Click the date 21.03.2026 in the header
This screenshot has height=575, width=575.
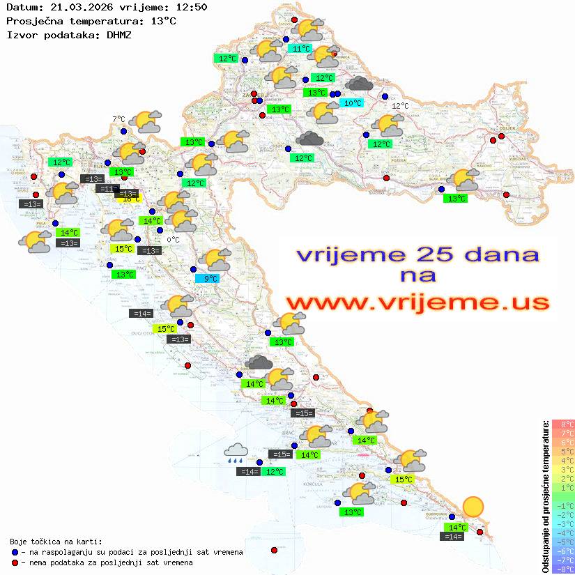tap(76, 7)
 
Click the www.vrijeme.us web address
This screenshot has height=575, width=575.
tap(417, 302)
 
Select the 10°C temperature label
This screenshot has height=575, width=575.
tap(353, 103)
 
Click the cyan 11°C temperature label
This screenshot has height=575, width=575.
tap(300, 49)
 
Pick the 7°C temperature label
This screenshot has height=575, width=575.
tap(118, 119)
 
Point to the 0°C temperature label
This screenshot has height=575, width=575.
tap(173, 240)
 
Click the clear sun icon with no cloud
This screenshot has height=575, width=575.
tap(473, 506)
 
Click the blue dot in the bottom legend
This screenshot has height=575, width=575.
tap(15, 552)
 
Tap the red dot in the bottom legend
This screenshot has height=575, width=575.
tap(15, 562)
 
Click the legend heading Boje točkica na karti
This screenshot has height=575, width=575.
tap(55, 542)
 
